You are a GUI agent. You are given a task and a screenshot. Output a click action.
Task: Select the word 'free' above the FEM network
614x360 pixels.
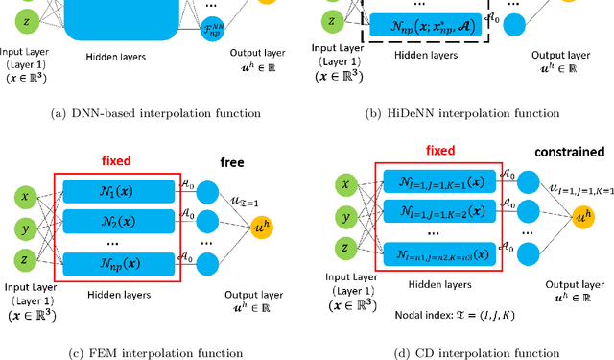(x=232, y=163)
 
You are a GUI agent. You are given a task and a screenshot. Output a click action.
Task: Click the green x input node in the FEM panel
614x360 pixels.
(x=27, y=195)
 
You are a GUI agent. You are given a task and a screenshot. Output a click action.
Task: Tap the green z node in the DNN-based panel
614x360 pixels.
(x=26, y=20)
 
